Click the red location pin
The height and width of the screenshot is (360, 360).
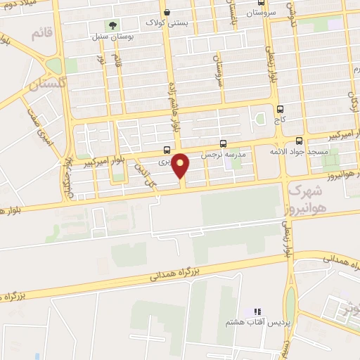181,165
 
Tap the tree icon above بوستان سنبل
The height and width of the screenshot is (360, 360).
113,25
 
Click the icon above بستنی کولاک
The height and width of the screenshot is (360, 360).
167,11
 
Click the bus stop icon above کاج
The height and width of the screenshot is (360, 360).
281,109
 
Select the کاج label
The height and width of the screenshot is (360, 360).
281,121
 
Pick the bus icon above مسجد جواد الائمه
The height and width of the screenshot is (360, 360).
300,140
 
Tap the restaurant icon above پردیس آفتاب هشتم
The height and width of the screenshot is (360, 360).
257,310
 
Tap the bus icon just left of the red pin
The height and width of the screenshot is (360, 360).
166,149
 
